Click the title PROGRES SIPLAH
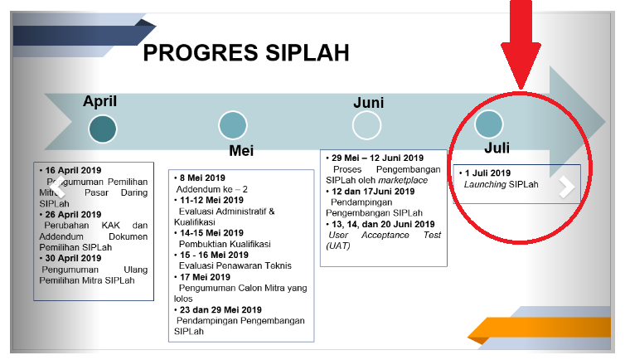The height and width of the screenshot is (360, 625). tap(245, 53)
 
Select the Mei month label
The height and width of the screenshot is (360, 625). tap(241, 151)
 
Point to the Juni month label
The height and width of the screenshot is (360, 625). tap(368, 102)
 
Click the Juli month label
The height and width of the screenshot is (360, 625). tap(497, 148)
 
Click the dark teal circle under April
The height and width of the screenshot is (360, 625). tap(103, 128)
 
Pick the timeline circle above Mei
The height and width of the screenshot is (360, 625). tap(233, 125)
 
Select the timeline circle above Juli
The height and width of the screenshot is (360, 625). tap(489, 124)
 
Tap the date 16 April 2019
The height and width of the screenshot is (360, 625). tap(72, 169)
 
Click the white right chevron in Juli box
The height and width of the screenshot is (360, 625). tap(567, 187)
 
